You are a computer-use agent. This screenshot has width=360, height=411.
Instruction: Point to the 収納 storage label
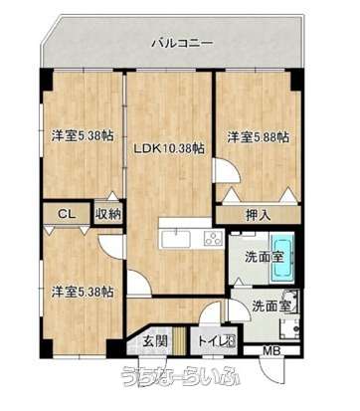(x=107, y=213)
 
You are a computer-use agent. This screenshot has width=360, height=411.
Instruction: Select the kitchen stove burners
(x=213, y=237)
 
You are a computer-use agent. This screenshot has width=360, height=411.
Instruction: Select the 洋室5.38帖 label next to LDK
(x=80, y=138)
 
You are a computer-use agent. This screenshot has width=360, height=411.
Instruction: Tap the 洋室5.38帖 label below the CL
(x=80, y=292)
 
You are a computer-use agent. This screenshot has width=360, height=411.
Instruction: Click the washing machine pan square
(x=287, y=328)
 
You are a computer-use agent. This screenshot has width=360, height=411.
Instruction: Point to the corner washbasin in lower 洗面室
(x=293, y=300)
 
